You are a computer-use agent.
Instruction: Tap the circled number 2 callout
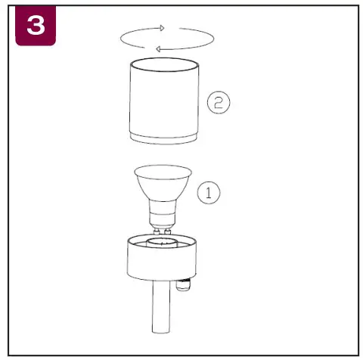(x=219, y=104)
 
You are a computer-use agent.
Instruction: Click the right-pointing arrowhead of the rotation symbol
(x=160, y=28)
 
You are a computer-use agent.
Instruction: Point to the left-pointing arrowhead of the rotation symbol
(x=158, y=49)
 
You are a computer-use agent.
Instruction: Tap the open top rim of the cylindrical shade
(x=165, y=64)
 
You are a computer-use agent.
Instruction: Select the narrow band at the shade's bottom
(x=165, y=138)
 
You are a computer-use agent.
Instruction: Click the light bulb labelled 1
(x=162, y=194)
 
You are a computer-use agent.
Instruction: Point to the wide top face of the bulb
(x=162, y=171)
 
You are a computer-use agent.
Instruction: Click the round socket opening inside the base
(x=162, y=242)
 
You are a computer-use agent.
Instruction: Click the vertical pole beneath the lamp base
(x=160, y=310)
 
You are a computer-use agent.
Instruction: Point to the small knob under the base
(x=182, y=286)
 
